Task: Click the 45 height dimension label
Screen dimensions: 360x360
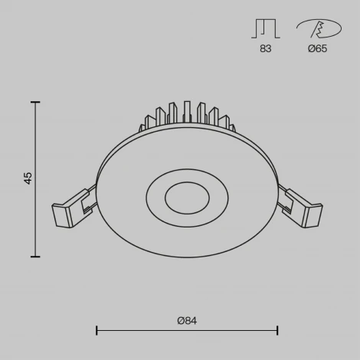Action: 28,178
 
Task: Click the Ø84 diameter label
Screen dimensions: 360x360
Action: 187,320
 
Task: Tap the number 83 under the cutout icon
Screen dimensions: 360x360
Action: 265,49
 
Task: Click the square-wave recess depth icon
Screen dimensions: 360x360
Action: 265,28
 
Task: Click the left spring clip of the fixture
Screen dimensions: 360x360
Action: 74,208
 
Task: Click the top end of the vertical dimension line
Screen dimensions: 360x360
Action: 36,100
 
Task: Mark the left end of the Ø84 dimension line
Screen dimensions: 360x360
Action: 97,330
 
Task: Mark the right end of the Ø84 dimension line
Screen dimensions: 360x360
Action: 277,330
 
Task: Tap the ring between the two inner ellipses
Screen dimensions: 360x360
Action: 156,198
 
